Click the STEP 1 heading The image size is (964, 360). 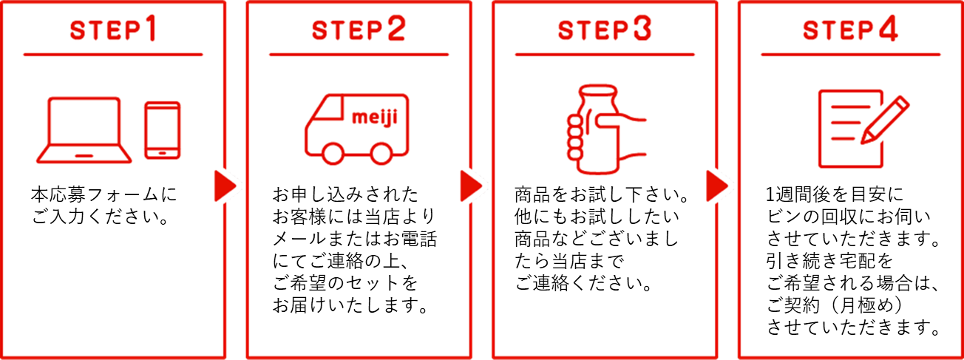coord(112,29)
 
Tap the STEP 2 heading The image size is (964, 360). coord(359,29)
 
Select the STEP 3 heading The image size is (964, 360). coord(605,29)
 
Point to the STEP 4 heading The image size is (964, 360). coord(850,29)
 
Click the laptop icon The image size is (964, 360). coord(84,130)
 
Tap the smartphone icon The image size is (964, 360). coord(162,130)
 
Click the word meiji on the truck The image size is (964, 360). coord(374,117)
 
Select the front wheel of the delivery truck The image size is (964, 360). coord(333,154)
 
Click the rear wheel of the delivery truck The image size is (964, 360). coord(381,154)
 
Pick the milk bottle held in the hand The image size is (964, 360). coord(599,129)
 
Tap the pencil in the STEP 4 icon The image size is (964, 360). coord(885,120)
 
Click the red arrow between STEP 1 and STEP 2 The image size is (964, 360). coord(225,186)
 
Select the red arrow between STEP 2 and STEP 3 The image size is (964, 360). coord(471,186)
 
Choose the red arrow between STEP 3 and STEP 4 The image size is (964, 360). coord(717,186)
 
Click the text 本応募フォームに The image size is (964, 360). coord(103,195)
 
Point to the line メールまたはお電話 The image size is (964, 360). coord(355,240)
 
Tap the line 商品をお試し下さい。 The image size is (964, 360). coord(602,195)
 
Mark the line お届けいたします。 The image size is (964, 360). coord(351,306)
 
